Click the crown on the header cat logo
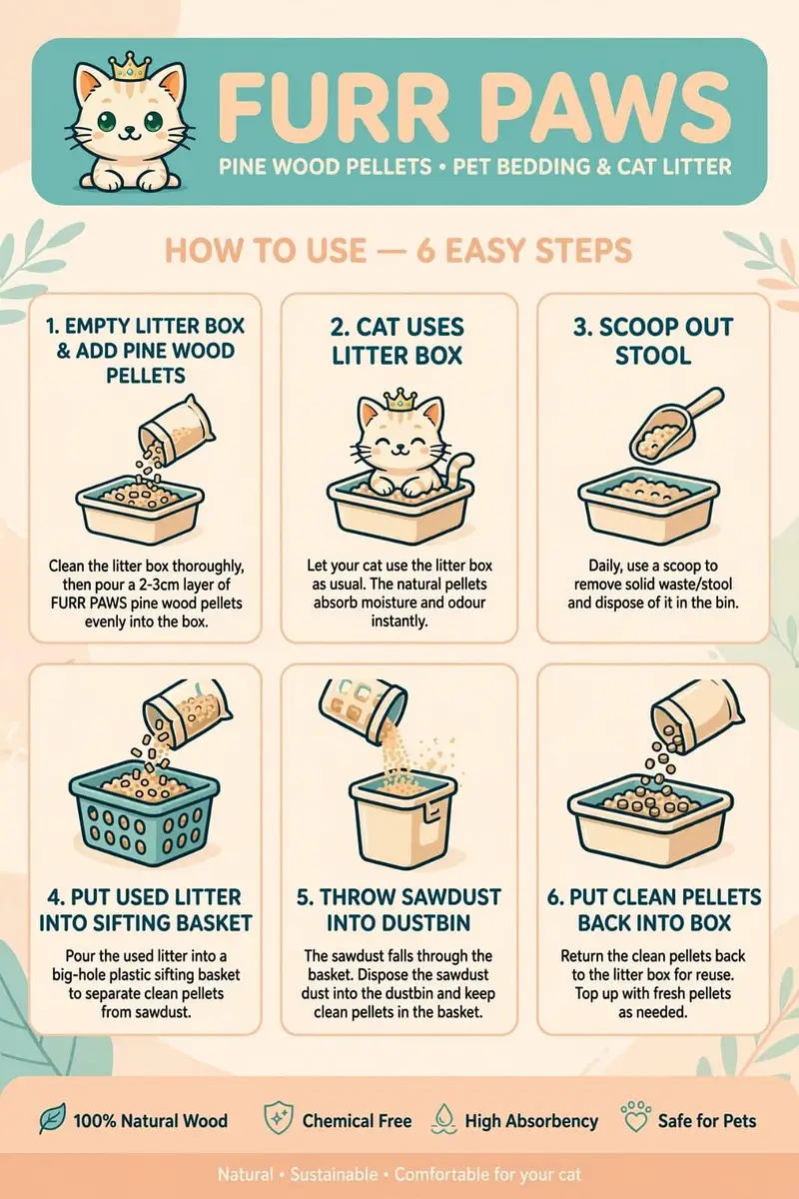pos(129,66)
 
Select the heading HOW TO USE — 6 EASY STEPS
pos(399,251)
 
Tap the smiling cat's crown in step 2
pos(399,400)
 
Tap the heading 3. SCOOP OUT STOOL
pos(653,342)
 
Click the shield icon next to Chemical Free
pos(279,1118)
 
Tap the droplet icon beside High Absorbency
pos(444,1119)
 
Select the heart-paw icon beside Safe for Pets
pos(636,1117)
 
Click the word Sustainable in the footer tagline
pos(334,1174)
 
